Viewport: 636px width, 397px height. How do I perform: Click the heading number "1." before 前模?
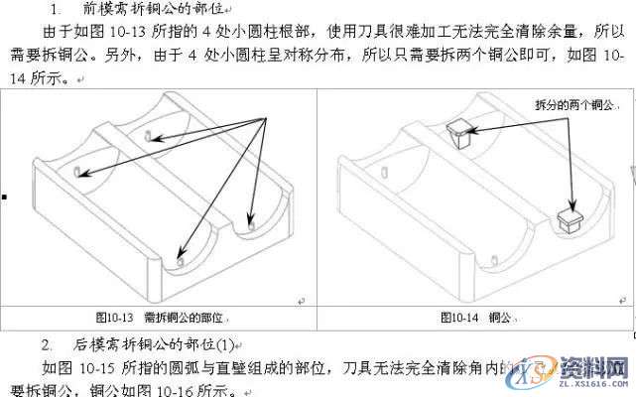point(54,9)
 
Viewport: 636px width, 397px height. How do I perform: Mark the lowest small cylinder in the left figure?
point(180,261)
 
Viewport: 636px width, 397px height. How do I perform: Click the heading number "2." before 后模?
point(47,344)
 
